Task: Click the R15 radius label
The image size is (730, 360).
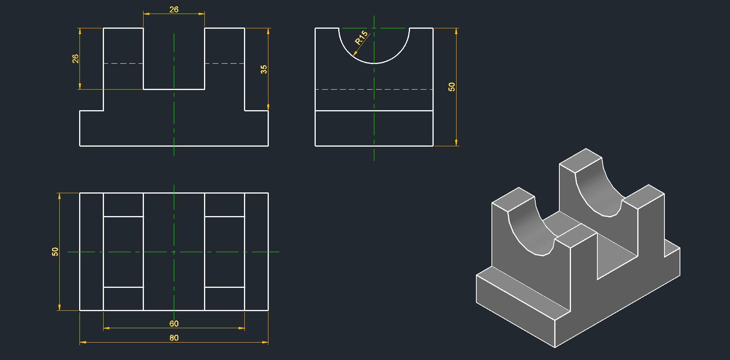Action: click(x=361, y=38)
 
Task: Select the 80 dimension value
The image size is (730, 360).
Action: click(x=174, y=338)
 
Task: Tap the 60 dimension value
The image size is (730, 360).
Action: click(x=174, y=324)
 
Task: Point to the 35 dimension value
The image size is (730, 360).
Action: click(x=264, y=69)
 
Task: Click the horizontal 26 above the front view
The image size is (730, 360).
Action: click(x=174, y=9)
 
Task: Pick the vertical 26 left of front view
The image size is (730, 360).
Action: click(x=75, y=59)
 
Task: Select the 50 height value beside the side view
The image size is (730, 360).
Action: click(x=452, y=87)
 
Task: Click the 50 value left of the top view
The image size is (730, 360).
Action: click(x=55, y=251)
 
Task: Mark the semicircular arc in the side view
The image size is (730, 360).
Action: click(x=374, y=63)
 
